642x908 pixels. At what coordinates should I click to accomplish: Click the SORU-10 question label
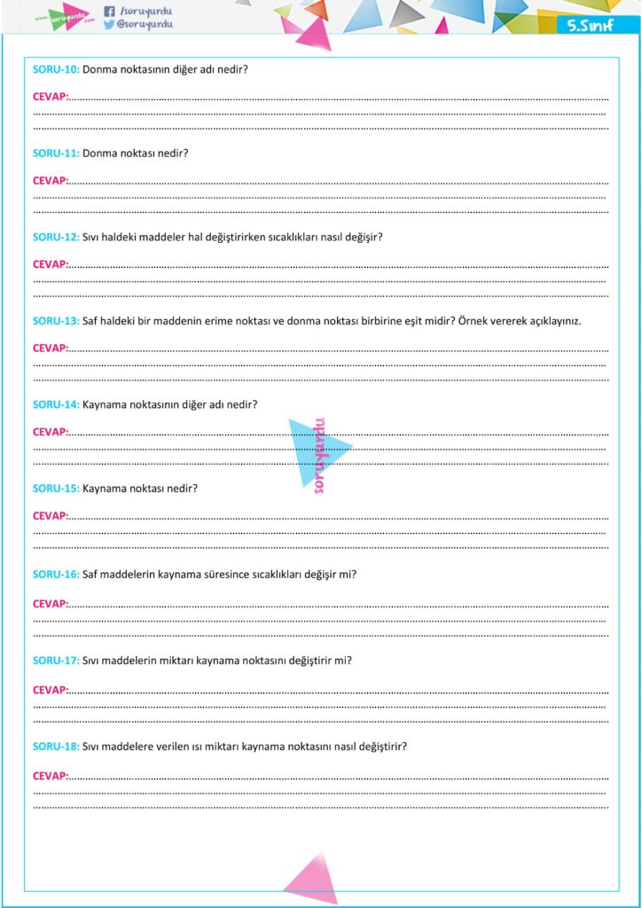click(x=56, y=68)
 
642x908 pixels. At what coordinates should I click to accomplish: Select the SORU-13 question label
click(x=56, y=320)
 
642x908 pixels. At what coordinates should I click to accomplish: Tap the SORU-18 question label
click(x=56, y=747)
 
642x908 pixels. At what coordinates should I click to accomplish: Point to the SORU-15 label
click(x=56, y=489)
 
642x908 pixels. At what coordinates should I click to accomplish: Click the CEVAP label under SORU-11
click(x=50, y=180)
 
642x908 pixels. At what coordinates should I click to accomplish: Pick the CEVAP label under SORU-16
click(x=50, y=604)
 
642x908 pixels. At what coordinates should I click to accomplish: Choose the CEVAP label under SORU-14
click(x=50, y=432)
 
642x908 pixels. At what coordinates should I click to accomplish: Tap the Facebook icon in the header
click(x=109, y=12)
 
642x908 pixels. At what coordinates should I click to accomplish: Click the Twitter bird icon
click(x=109, y=25)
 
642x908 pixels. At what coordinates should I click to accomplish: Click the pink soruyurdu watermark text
click(x=320, y=455)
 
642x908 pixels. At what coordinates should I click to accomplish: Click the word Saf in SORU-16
click(x=90, y=574)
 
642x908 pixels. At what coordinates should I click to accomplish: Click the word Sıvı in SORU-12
click(x=92, y=237)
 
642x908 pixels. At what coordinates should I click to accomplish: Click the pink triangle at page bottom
click(x=311, y=879)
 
